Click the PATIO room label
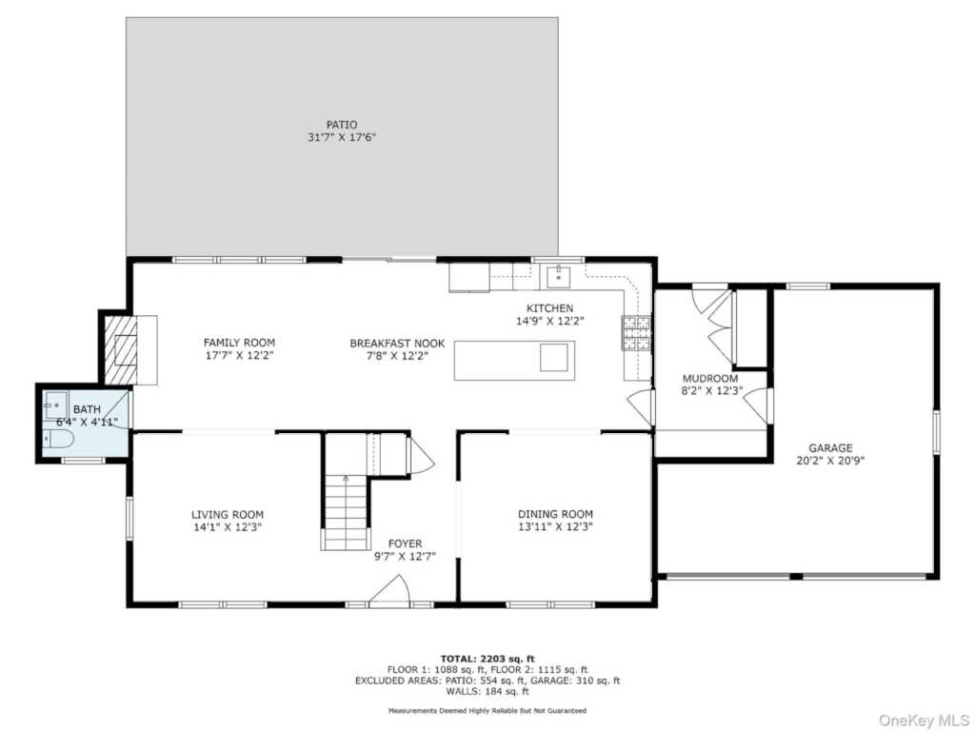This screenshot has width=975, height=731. click(x=342, y=125)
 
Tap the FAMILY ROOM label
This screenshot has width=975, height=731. click(x=239, y=343)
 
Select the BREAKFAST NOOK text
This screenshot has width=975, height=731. click(x=397, y=343)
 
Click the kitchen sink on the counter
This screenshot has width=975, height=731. click(x=559, y=276)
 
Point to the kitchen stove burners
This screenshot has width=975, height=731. click(x=636, y=332)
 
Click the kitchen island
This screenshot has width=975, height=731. click(x=514, y=361)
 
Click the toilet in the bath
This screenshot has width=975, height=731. click(x=58, y=440)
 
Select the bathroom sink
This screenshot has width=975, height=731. click(x=56, y=405)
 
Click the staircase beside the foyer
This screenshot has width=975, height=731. click(x=346, y=511)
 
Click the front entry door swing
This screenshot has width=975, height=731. click(x=389, y=590)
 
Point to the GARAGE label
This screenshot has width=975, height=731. click(x=830, y=447)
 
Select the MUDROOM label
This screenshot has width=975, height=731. click(x=710, y=378)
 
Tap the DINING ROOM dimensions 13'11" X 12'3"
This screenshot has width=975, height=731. click(x=555, y=527)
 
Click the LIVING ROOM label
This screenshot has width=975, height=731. click(x=227, y=514)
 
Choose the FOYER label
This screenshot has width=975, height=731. click(x=405, y=543)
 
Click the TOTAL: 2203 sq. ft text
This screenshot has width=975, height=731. click(x=487, y=659)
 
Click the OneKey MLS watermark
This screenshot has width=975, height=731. click(x=924, y=721)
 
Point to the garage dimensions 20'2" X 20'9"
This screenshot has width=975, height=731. click(x=830, y=461)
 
